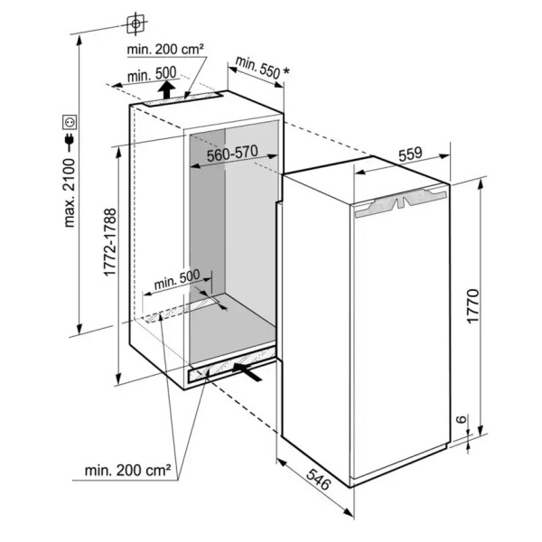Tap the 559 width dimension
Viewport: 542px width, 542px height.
pos(410,154)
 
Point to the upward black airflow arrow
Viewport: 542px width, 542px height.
pos(165,89)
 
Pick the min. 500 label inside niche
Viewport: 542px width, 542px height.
pos(176,281)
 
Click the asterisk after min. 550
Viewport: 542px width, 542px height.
pos(286,70)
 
